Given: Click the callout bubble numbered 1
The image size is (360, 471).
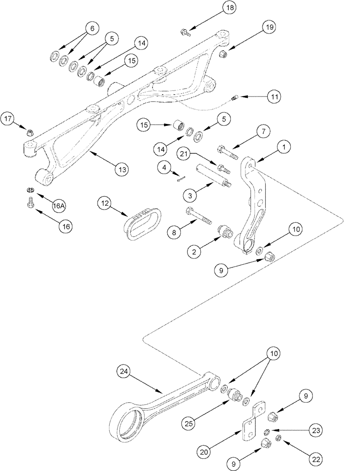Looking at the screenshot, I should pos(284,147).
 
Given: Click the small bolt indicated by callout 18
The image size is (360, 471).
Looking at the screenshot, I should pos(185,32).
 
